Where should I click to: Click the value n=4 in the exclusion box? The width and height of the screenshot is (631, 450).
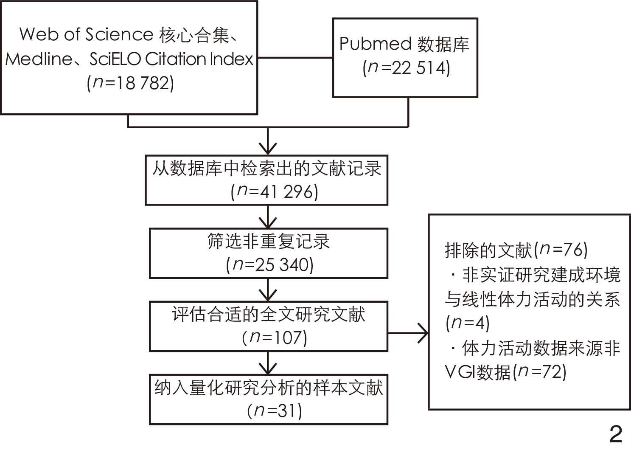468,323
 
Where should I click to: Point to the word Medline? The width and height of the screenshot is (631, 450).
39,59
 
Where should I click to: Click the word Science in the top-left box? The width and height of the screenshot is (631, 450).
119,34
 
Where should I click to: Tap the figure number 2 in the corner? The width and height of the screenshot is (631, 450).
615,434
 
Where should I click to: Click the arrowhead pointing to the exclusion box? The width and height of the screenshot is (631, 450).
423,333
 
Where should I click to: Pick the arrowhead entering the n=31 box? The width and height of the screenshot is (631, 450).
268,368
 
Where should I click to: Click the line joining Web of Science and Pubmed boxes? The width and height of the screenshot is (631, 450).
295,58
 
